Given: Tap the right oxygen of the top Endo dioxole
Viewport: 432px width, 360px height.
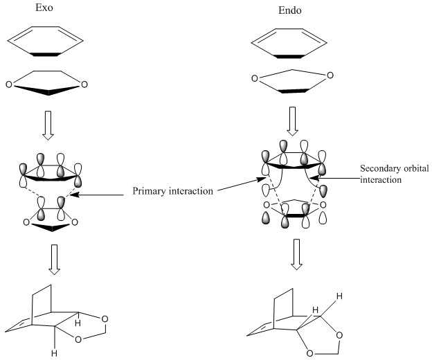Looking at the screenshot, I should (332, 75).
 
